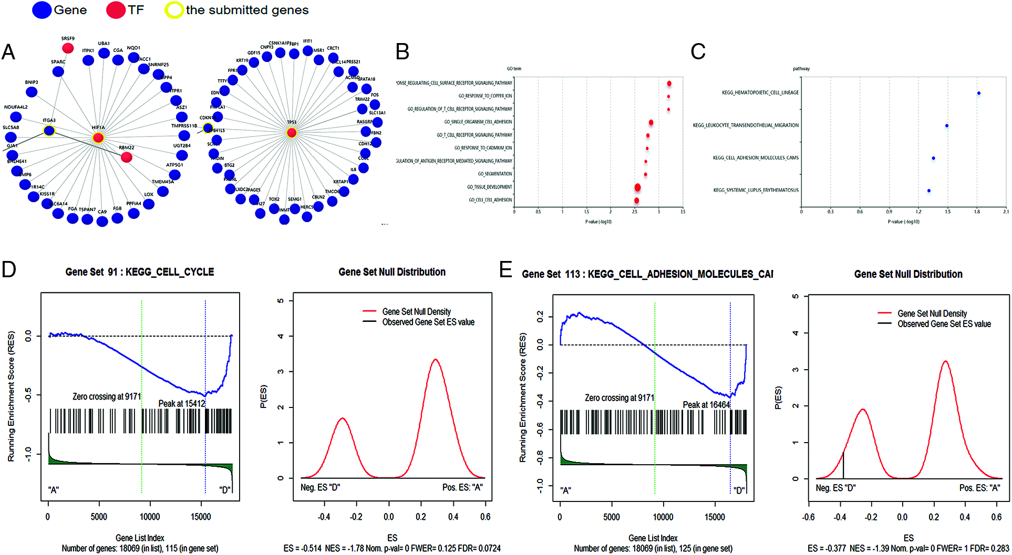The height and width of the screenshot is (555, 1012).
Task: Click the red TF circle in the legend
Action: click(x=116, y=10)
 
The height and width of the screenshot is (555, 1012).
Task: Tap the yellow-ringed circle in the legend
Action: click(x=173, y=10)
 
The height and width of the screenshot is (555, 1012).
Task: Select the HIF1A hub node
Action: click(x=98, y=138)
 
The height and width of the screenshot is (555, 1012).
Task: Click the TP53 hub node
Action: click(x=292, y=133)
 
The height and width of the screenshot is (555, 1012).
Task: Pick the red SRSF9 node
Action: click(x=68, y=48)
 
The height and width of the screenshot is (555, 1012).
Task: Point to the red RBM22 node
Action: click(x=126, y=157)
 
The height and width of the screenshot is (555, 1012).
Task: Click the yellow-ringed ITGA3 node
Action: click(x=49, y=131)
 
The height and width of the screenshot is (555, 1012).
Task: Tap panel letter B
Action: click(x=402, y=52)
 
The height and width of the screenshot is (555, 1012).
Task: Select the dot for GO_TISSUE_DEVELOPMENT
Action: click(x=637, y=187)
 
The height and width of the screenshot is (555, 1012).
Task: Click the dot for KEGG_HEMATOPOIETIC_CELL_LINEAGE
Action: click(x=978, y=93)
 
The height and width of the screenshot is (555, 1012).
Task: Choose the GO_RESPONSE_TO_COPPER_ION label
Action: click(x=485, y=96)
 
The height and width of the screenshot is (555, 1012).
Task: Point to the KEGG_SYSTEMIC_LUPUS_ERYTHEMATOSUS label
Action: click(x=756, y=190)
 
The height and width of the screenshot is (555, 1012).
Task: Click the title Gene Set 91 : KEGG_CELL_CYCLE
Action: click(x=140, y=272)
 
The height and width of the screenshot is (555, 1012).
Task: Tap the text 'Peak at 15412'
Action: click(x=181, y=403)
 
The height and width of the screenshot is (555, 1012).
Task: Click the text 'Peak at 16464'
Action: click(x=706, y=404)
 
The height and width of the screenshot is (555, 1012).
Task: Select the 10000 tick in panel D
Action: click(x=150, y=517)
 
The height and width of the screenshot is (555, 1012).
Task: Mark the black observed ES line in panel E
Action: click(x=843, y=465)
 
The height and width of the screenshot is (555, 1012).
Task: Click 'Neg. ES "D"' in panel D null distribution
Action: click(x=320, y=487)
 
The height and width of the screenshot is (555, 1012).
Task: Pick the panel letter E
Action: click(x=505, y=270)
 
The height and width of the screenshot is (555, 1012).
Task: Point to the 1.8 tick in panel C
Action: click(x=977, y=212)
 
